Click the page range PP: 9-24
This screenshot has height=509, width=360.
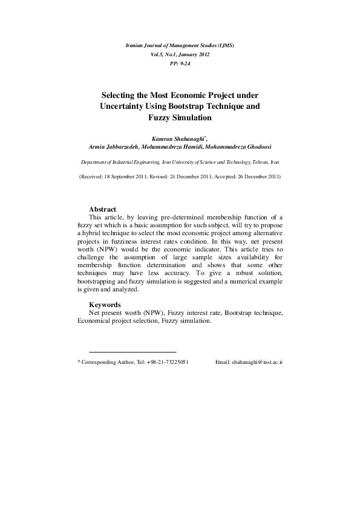pos(179,63)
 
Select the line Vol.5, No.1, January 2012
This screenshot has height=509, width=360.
pos(179,54)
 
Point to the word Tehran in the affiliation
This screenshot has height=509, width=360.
pos(258,163)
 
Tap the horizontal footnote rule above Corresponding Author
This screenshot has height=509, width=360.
pos(132,351)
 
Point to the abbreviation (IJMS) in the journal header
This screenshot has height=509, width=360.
pos(223,45)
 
